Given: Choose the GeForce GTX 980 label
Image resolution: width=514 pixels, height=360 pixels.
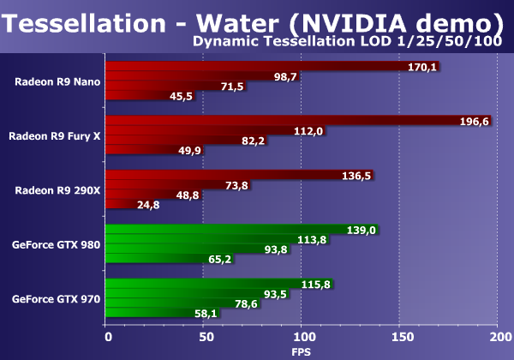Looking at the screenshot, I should coord(57,244).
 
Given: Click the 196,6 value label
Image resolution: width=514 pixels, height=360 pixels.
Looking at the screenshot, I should coord(474,122).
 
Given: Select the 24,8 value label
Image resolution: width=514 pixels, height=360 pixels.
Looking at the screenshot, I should coord(124,205).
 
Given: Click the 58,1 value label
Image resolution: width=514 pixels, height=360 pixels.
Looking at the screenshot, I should coord(206,314).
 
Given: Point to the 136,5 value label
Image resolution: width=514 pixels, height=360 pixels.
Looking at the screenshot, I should coord(356,176).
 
